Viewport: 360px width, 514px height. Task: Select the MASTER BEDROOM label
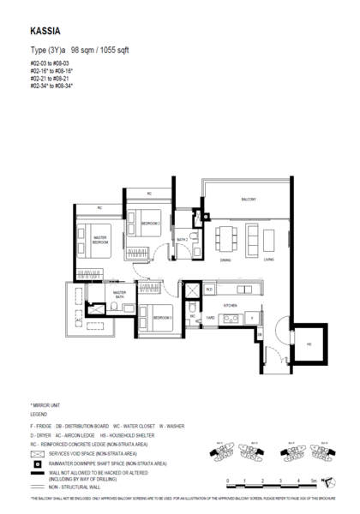coord(100,242)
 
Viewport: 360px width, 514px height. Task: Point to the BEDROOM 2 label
coord(152,224)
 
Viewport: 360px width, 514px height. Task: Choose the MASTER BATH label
coord(120,295)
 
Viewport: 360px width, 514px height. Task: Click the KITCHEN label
coord(229,304)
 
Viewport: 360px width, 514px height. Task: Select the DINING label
coord(225,260)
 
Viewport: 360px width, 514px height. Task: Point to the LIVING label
coord(269,260)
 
